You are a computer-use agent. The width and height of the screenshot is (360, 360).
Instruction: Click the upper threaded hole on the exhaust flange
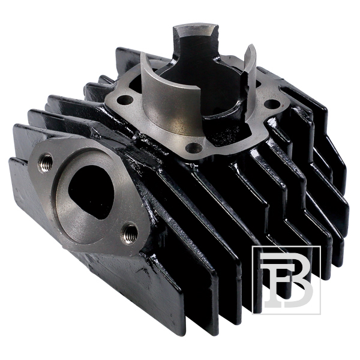pos(45,163)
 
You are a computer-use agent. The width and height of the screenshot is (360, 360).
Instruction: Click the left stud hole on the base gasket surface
pos(125,100)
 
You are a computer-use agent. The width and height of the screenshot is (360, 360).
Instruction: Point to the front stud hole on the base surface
pos(194,148)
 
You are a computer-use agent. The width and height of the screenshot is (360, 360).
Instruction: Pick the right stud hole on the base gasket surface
pos(272,104)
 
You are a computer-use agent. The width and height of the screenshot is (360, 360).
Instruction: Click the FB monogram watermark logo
pos(286,280)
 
